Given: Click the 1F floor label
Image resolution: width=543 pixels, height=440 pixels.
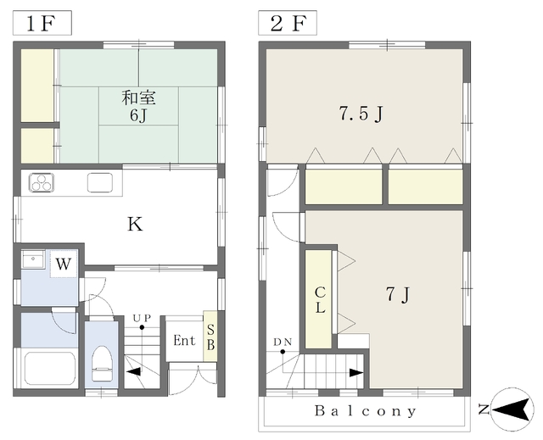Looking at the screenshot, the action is point(42,24).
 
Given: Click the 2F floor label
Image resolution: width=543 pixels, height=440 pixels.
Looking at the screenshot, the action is point(288,24).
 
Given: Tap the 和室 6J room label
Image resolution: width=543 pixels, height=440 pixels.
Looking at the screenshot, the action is point(138,107).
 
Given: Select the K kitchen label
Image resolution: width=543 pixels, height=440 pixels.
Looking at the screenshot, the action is point(135,224).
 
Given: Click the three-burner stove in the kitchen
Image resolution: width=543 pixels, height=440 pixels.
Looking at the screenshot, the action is point(42,182).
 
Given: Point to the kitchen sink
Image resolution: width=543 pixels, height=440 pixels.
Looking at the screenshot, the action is point(100,182).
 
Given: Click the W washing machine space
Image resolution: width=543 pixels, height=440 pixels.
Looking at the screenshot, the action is point(64,264).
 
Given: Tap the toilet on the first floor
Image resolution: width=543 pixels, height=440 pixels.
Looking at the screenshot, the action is point(102,363).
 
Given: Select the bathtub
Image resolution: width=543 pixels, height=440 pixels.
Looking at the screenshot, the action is point(50,368).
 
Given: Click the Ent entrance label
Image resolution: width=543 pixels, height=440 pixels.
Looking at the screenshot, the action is point(184,340).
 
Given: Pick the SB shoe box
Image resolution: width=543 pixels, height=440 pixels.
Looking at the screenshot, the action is point(210,337).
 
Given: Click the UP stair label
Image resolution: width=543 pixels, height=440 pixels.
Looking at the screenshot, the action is point(143,318).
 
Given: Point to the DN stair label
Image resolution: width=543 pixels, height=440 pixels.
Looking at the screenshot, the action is point(283,343).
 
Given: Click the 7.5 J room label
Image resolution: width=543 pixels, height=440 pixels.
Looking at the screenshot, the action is point(361,114).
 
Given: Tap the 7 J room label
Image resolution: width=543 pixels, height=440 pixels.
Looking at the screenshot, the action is point(398,295).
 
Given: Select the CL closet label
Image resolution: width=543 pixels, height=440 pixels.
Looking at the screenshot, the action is point(320,300).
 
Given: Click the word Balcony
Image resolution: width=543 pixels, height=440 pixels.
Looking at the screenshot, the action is point(366,411).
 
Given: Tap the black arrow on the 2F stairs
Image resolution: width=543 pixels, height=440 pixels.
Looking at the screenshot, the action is point(356,373).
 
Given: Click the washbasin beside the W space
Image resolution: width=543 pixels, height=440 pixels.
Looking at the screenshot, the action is point(33,259).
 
